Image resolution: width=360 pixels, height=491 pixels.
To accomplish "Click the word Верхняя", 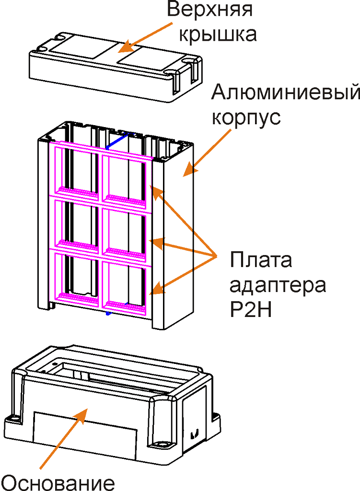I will [210, 10].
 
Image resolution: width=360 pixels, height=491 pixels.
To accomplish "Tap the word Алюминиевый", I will [286, 92].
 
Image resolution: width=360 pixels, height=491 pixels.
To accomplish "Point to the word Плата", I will [260, 261].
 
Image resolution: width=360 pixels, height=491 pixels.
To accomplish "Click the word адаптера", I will [278, 286].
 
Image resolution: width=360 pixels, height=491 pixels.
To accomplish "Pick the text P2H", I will [251, 310].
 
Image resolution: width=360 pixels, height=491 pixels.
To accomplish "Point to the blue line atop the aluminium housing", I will [116, 140].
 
